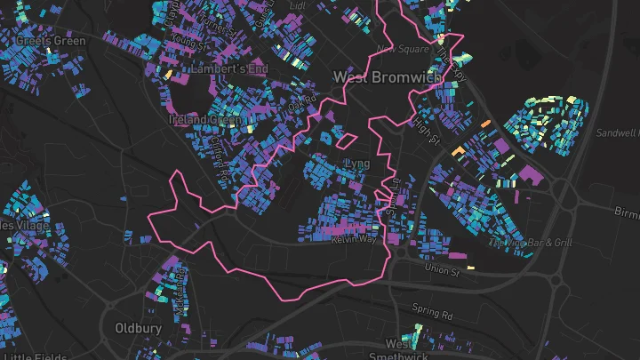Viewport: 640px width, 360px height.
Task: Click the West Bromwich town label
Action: pyautogui.click(x=387, y=77)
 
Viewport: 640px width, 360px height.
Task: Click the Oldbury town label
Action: pyautogui.click(x=139, y=328)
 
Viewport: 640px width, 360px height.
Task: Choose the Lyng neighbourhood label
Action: pyautogui.click(x=356, y=164)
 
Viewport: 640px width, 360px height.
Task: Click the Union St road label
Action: pyautogui.click(x=441, y=268)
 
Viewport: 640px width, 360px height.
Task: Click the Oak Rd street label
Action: pyautogui.click(x=302, y=104)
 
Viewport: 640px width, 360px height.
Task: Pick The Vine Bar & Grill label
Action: pyautogui.click(x=532, y=243)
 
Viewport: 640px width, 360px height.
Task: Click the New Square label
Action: pyautogui.click(x=396, y=49)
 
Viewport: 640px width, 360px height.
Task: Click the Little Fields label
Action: pyautogui.click(x=36, y=356)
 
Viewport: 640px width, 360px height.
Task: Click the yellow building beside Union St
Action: pyautogui.click(x=470, y=266)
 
